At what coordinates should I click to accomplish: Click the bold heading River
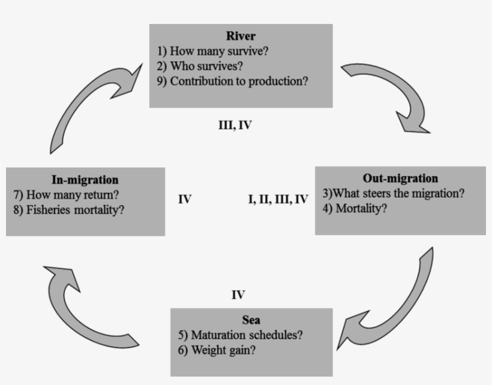[x=241, y=37]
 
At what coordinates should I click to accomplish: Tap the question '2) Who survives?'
[x=206, y=66]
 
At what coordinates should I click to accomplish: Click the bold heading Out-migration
[x=400, y=178]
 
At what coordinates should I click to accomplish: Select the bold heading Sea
[x=252, y=320]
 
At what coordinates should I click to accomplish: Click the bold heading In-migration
[x=85, y=179]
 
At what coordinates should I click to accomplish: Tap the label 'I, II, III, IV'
[x=278, y=200]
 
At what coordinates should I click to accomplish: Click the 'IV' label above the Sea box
[x=238, y=294]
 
